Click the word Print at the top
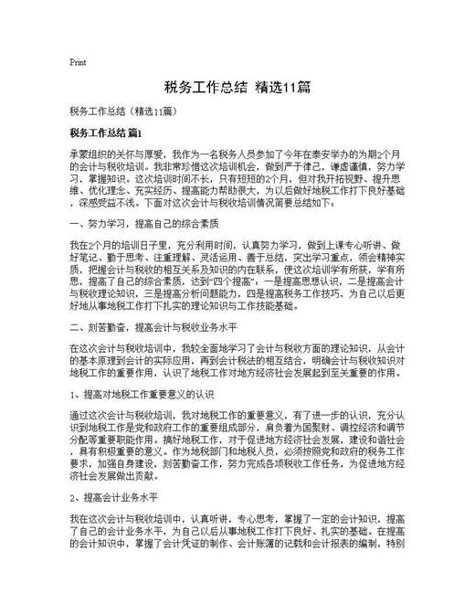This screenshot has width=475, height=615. tap(78, 62)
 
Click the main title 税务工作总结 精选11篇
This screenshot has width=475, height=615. tap(237, 88)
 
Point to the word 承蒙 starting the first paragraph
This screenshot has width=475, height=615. tap(79, 155)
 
